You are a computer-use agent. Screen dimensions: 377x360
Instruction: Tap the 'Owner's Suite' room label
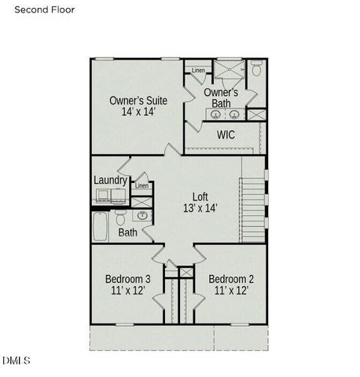tap(138, 100)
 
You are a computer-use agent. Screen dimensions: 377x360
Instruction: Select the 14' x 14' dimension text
tap(138, 112)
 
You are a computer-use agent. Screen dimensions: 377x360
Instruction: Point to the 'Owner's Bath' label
tap(222, 98)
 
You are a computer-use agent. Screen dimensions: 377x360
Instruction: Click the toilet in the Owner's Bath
tap(256, 70)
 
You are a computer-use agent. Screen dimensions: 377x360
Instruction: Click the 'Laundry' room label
tap(111, 181)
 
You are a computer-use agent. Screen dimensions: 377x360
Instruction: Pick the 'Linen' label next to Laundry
tap(141, 186)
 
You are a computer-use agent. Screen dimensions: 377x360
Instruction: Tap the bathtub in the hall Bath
tap(100, 228)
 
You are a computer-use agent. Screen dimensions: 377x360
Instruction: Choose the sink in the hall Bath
tap(142, 215)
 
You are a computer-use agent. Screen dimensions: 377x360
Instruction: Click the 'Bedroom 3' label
tap(128, 279)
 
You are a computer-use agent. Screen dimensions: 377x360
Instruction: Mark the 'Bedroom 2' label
tap(231, 279)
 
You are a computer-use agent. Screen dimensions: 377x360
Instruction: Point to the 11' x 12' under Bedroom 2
tap(231, 291)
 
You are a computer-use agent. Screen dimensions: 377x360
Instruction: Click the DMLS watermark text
tap(17, 361)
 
